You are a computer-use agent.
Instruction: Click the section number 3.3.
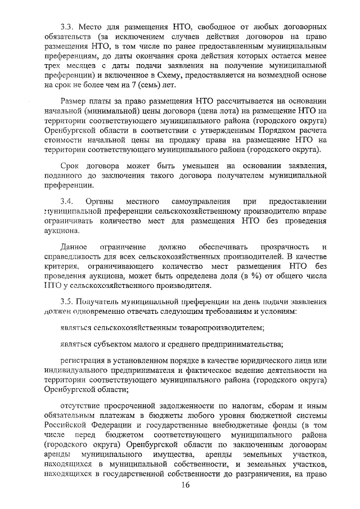click(67, 27)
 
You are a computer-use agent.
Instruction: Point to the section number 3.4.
click(66, 201)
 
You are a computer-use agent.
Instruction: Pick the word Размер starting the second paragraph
click(75, 101)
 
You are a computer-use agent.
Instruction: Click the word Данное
click(74, 247)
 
